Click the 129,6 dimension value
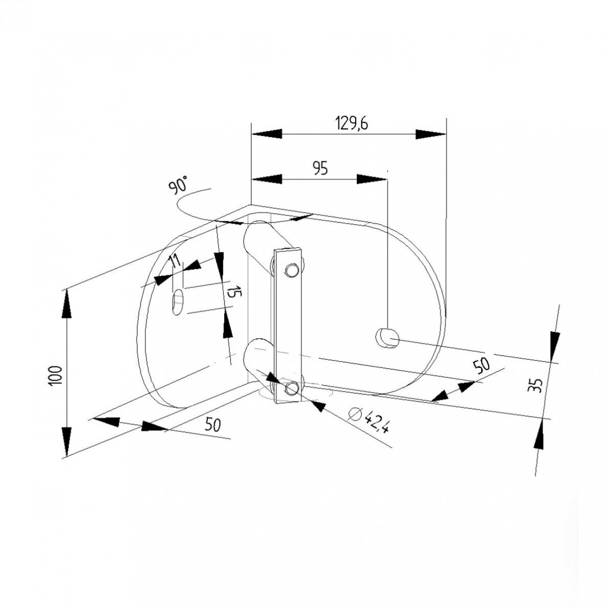(x=351, y=123)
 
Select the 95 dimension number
(x=320, y=169)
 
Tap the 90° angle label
(x=179, y=184)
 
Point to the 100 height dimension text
(x=56, y=375)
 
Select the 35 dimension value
(x=535, y=385)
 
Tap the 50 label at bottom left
(x=212, y=425)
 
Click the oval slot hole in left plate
(x=178, y=302)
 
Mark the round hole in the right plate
(x=387, y=338)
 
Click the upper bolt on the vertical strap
(x=291, y=270)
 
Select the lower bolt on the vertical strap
(x=291, y=388)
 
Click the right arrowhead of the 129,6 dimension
(x=431, y=134)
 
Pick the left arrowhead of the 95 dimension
(x=267, y=179)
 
